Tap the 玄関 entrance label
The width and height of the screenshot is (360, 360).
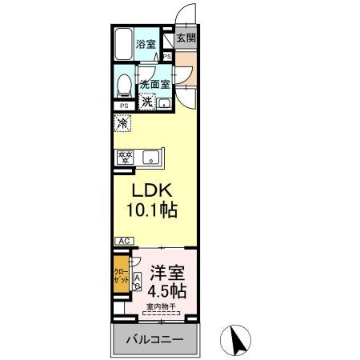(186, 38)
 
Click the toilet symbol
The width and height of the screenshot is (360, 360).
(125, 85)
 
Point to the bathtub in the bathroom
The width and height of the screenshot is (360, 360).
(123, 45)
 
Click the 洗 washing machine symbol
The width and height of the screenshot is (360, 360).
(147, 102)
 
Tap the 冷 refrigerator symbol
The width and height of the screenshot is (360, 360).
(122, 124)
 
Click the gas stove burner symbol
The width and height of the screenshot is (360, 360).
(126, 157)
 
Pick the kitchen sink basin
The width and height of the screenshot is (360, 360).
(150, 158)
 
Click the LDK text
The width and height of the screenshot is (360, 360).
(149, 192)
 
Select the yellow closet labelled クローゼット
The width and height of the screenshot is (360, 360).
(119, 278)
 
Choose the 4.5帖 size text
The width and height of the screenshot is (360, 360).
(166, 290)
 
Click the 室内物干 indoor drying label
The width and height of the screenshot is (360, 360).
(163, 308)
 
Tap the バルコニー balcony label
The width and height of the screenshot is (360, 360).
(154, 340)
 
